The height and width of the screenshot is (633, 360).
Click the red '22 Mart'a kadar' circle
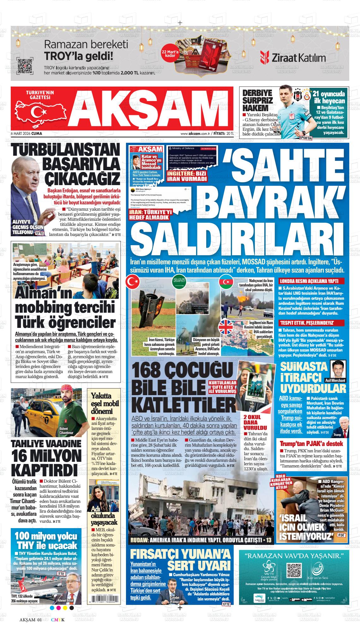tap(170, 53)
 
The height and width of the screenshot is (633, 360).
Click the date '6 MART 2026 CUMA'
tap(27, 134)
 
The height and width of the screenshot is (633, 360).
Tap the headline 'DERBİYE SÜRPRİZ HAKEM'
tap(257, 101)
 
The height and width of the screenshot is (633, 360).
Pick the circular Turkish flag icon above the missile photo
tap(133, 282)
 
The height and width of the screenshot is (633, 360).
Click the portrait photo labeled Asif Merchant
tap(339, 369)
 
